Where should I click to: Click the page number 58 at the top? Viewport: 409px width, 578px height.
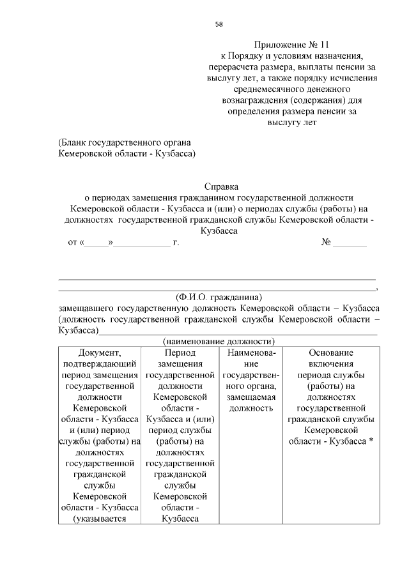click(x=219, y=24)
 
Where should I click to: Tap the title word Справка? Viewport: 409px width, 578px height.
click(x=220, y=187)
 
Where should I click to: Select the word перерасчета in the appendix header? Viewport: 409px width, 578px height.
click(x=234, y=67)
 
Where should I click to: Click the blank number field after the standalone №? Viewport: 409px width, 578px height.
click(x=350, y=243)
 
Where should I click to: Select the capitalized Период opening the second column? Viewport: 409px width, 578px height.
click(x=179, y=353)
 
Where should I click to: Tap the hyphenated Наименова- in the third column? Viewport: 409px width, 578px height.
click(x=250, y=353)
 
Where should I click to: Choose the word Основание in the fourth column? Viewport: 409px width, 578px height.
click(x=330, y=353)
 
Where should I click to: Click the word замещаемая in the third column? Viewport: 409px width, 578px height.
click(x=250, y=397)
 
